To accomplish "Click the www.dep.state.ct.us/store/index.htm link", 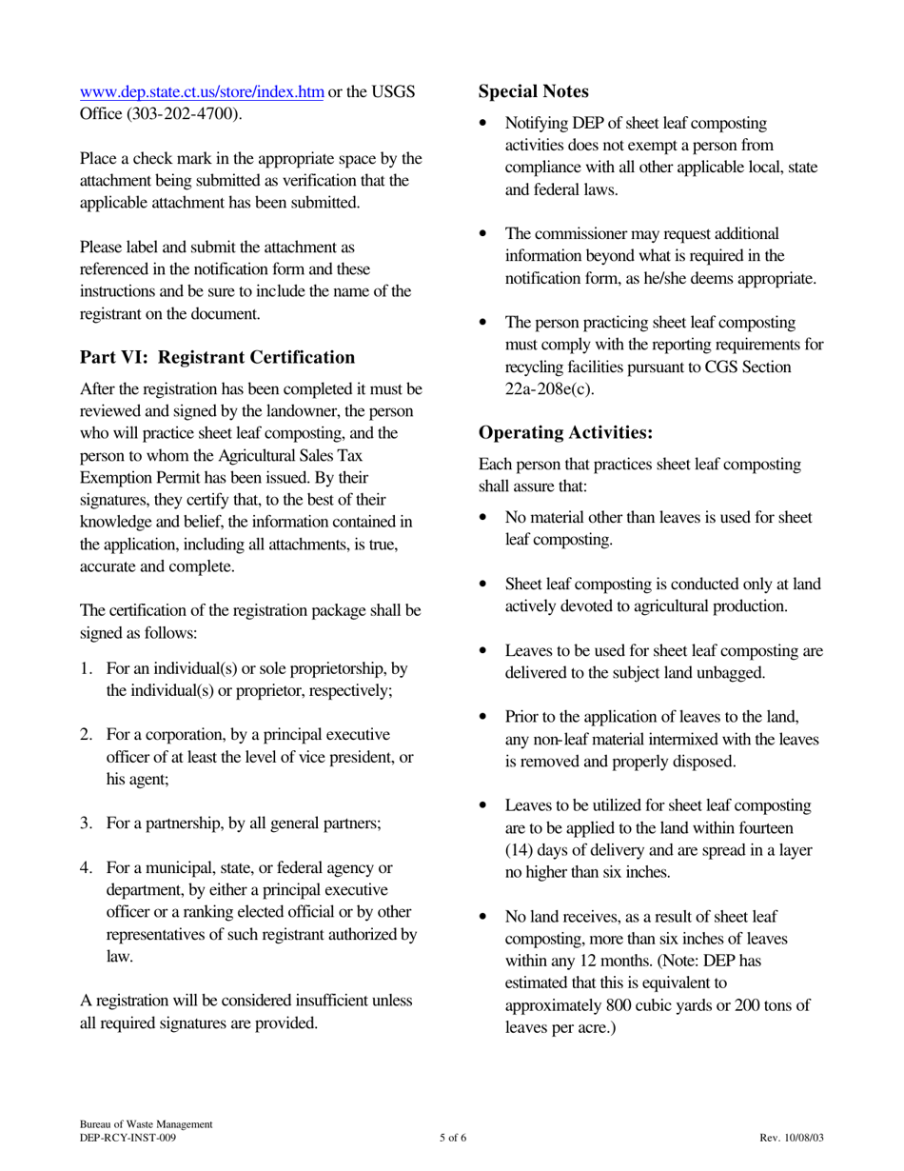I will (x=202, y=92).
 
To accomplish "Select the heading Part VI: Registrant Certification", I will (x=217, y=357).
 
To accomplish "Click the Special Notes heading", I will (x=533, y=91).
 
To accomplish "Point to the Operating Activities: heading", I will (x=565, y=432).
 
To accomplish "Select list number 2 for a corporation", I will (x=87, y=735).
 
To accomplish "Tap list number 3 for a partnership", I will (x=87, y=824).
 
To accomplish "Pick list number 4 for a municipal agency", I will (x=87, y=867).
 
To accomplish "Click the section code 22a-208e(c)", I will (x=549, y=388).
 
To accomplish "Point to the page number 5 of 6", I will (x=453, y=1138).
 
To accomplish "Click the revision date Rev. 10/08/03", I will (x=792, y=1138).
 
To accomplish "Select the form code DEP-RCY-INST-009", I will (x=128, y=1138).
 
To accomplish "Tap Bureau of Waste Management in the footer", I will (x=146, y=1124).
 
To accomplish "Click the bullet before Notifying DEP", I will (x=485, y=124).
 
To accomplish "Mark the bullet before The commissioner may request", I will (x=485, y=234).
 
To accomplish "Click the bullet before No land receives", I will (x=485, y=917).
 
